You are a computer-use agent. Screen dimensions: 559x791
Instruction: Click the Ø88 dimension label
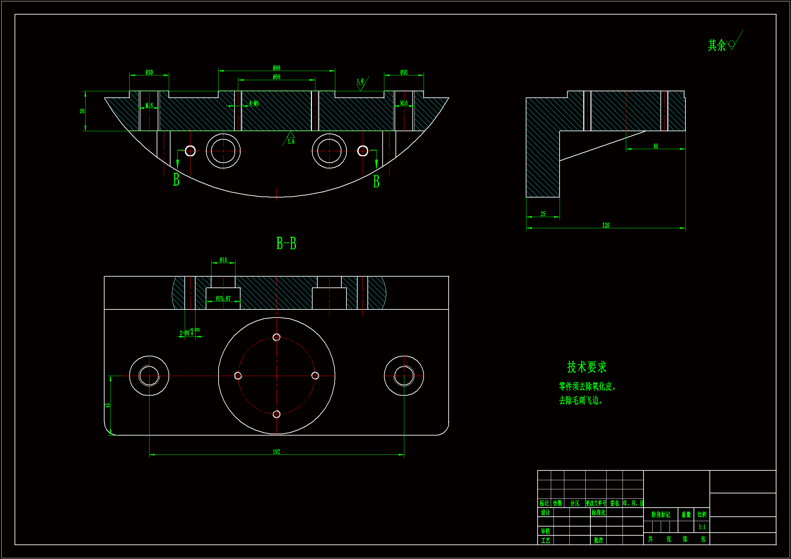pos(276,68)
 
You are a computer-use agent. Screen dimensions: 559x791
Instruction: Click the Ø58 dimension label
pos(276,77)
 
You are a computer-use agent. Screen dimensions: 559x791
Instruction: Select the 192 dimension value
pos(276,451)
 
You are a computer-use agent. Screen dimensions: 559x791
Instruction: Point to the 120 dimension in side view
pos(606,225)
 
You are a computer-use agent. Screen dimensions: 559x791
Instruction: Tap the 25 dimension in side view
pos(543,214)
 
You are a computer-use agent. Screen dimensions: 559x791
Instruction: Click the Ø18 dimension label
pos(223,260)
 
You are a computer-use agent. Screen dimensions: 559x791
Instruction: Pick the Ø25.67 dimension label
pos(223,299)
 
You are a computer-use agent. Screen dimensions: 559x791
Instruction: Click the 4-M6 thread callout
pos(254,103)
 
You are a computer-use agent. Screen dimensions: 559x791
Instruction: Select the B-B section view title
pos(286,243)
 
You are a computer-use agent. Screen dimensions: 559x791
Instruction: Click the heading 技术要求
pos(587,367)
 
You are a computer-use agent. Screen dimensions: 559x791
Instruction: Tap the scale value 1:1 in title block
pos(702,527)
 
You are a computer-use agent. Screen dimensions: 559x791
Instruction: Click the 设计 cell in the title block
pos(545,513)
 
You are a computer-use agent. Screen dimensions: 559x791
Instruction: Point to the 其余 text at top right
pos(717,45)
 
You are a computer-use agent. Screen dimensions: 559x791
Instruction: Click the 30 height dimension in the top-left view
pos(82,111)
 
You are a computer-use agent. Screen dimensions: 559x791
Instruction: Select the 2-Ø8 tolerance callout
pos(189,332)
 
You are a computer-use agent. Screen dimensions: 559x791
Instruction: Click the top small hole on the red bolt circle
pos(276,337)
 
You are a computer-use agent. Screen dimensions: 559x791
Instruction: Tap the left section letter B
pos(176,180)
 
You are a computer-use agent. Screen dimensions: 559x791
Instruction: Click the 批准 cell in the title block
pos(598,540)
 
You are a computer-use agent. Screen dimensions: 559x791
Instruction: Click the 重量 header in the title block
pos(686,515)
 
